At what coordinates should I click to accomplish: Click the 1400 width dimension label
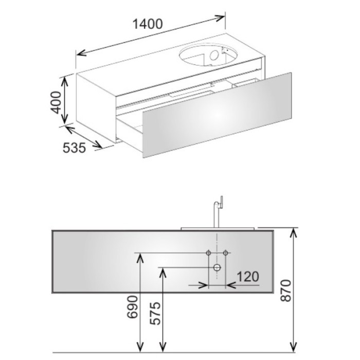click(148, 24)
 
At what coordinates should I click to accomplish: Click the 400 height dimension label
click(56, 102)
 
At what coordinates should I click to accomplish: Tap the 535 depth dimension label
click(74, 148)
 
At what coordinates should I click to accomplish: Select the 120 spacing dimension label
click(247, 277)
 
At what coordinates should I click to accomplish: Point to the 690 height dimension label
click(133, 307)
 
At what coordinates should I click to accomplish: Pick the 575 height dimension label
click(155, 314)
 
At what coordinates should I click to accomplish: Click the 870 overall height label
click(286, 291)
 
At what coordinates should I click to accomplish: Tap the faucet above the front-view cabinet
click(218, 212)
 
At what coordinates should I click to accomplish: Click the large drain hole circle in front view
click(217, 267)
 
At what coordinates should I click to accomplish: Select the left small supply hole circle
click(208, 253)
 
